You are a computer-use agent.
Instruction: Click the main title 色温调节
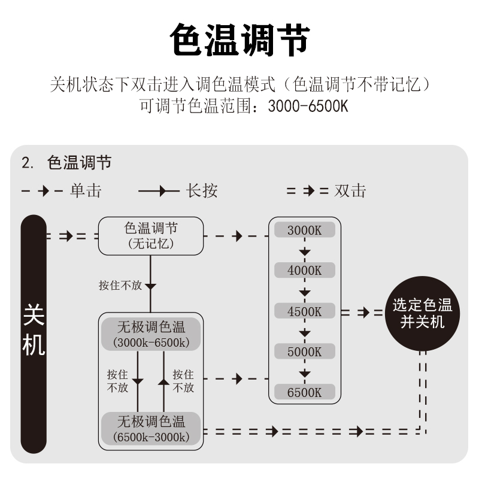[239, 40]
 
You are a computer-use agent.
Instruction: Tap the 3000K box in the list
[304, 230]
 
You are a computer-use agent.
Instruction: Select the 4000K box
[304, 270]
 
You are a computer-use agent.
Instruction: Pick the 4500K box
[304, 311]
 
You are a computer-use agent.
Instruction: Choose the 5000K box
[304, 351]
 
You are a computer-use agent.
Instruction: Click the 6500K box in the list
[304, 392]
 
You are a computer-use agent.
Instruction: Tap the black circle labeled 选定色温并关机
[422, 313]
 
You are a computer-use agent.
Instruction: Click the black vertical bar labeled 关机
[34, 334]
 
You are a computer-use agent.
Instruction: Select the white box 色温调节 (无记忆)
[151, 235]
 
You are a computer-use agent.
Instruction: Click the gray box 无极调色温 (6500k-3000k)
[151, 428]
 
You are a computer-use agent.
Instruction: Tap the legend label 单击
[85, 191]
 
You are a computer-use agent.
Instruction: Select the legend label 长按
[201, 191]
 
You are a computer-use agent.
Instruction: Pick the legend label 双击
[350, 191]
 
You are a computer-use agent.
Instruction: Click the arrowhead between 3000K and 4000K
[305, 251]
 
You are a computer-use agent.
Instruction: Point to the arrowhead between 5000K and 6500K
[305, 373]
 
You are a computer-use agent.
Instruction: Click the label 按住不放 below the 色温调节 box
[120, 286]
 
